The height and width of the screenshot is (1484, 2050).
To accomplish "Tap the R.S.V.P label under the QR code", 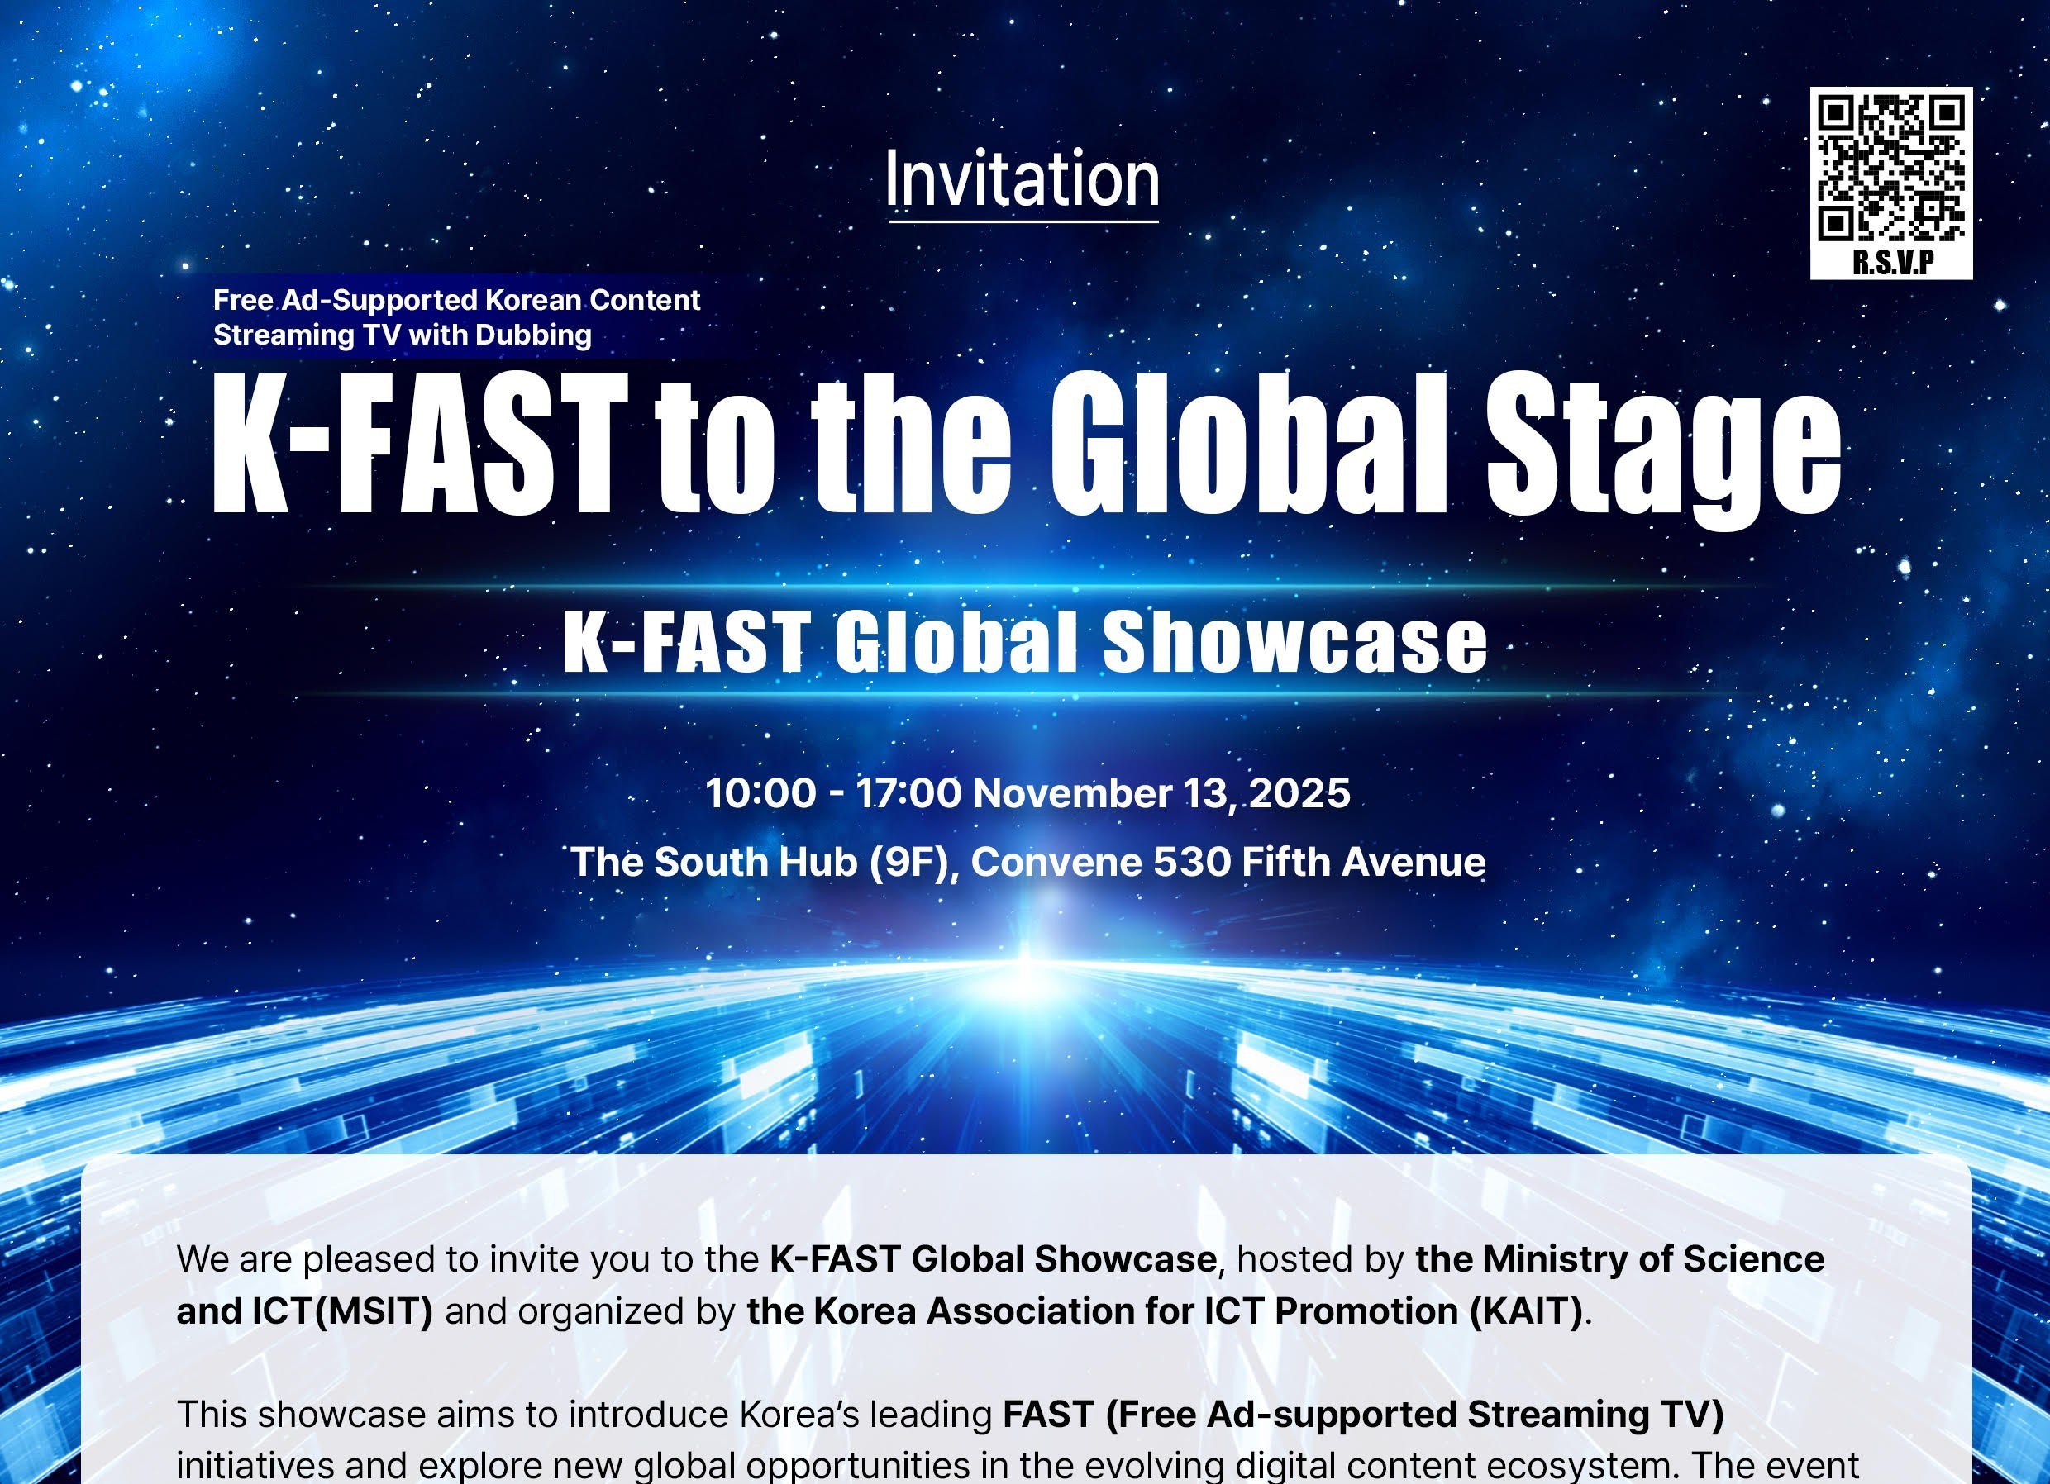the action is tap(1893, 261).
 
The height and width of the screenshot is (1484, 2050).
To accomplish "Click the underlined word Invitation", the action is tap(1023, 179).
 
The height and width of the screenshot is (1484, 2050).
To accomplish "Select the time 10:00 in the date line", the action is tap(760, 793).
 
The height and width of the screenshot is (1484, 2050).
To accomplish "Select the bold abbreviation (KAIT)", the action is tap(1526, 1310).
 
